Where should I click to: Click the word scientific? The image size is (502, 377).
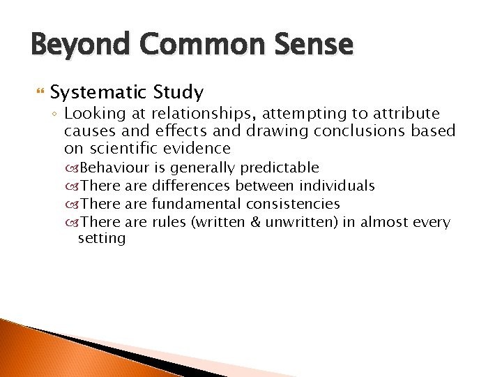point(122,149)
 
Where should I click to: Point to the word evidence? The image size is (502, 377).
point(197,149)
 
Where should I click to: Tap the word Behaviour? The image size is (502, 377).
point(115,168)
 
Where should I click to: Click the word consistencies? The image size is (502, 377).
point(293,204)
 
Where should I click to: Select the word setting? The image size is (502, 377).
point(102,239)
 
